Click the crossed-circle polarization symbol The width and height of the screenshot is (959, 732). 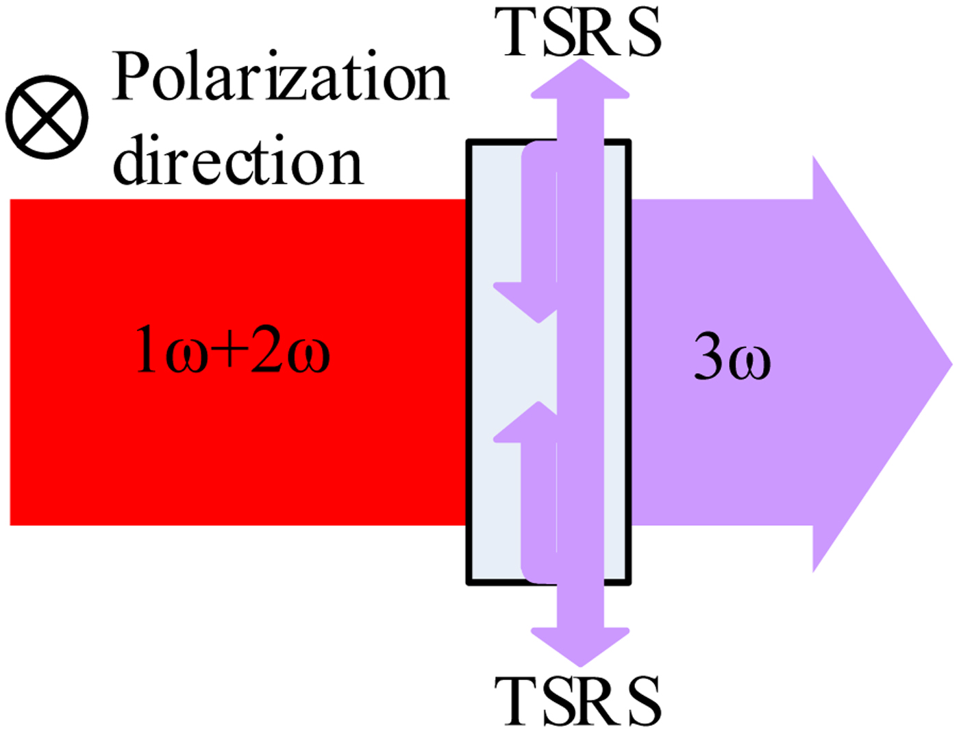click(x=47, y=117)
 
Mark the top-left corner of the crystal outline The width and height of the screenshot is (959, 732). click(x=469, y=142)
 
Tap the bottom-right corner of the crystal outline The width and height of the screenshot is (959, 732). click(x=628, y=583)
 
